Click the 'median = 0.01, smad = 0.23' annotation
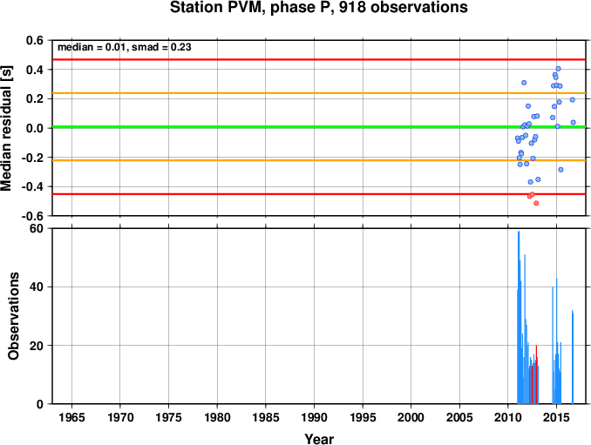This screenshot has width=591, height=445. (x=125, y=47)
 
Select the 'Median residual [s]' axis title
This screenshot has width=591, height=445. (x=6, y=128)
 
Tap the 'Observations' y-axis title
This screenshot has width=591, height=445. (x=13, y=316)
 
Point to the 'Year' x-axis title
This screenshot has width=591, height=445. (x=319, y=439)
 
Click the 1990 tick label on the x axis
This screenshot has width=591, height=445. (x=314, y=417)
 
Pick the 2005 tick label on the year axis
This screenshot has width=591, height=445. (x=459, y=417)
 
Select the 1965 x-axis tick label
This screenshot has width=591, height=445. (x=71, y=417)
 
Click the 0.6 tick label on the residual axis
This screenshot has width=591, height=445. (x=35, y=40)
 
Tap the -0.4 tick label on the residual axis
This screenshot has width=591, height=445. (x=33, y=186)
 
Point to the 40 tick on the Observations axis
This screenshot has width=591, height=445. (x=37, y=287)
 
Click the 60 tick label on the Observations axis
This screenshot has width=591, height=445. (x=37, y=228)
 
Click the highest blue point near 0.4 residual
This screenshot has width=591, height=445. (x=558, y=69)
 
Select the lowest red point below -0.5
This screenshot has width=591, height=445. (x=536, y=203)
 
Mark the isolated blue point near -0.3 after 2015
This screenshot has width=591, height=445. (x=560, y=170)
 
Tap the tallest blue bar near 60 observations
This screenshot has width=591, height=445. (x=519, y=317)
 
